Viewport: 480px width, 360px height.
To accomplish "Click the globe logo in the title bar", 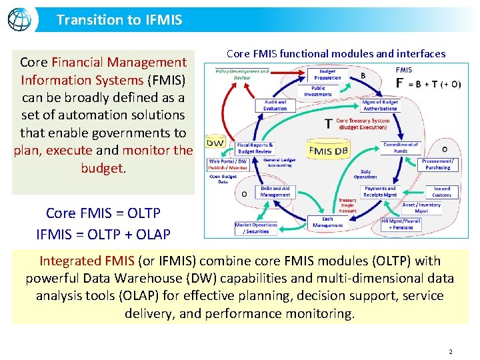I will (x=19, y=19).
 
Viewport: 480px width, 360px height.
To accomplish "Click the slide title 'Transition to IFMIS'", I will (x=119, y=20).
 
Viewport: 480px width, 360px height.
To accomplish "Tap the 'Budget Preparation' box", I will (x=327, y=74).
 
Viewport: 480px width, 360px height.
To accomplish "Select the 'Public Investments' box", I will (x=318, y=91).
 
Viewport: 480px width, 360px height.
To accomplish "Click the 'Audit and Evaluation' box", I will (x=275, y=105).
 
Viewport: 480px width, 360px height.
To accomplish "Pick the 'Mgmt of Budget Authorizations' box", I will (x=380, y=105).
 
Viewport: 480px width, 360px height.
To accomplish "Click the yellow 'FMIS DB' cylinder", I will (x=328, y=151).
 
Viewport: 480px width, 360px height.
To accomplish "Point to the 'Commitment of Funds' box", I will (x=401, y=147).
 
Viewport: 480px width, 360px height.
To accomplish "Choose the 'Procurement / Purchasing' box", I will (x=438, y=164).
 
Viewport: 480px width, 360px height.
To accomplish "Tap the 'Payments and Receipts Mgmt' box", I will (x=380, y=192).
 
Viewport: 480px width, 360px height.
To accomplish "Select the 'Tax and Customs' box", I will (x=441, y=192).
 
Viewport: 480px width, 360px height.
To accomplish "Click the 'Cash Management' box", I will (x=327, y=222).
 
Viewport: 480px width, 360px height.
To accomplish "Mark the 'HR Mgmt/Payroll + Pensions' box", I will (x=401, y=224).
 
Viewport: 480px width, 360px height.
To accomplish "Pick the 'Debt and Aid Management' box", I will (x=275, y=192).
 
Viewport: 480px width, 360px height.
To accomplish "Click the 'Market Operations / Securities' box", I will (x=256, y=228).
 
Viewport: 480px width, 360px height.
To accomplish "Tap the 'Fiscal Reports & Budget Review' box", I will (x=255, y=148).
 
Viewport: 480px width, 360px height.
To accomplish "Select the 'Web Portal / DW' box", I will (x=228, y=164).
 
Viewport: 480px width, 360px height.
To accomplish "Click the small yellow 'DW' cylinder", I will (x=215, y=142).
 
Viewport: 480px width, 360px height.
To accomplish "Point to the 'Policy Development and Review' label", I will (x=242, y=74).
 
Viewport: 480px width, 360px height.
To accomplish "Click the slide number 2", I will (x=451, y=351).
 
